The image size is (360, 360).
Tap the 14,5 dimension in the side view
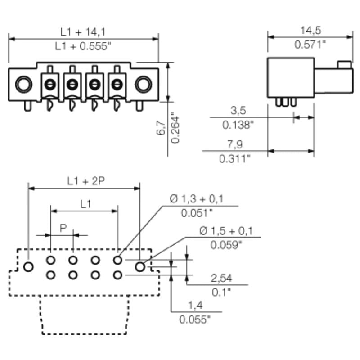coord(310,30)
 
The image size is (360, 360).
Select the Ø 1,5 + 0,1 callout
coord(226,231)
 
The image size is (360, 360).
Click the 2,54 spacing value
coord(221,279)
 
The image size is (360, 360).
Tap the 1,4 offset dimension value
coord(195,306)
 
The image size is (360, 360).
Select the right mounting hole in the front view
coord(144,84)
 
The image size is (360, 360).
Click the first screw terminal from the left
coord(50,84)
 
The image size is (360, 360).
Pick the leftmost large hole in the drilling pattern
coord(28,266)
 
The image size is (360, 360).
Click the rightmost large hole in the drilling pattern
coord(140,266)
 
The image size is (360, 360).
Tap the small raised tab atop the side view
coord(344,65)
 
